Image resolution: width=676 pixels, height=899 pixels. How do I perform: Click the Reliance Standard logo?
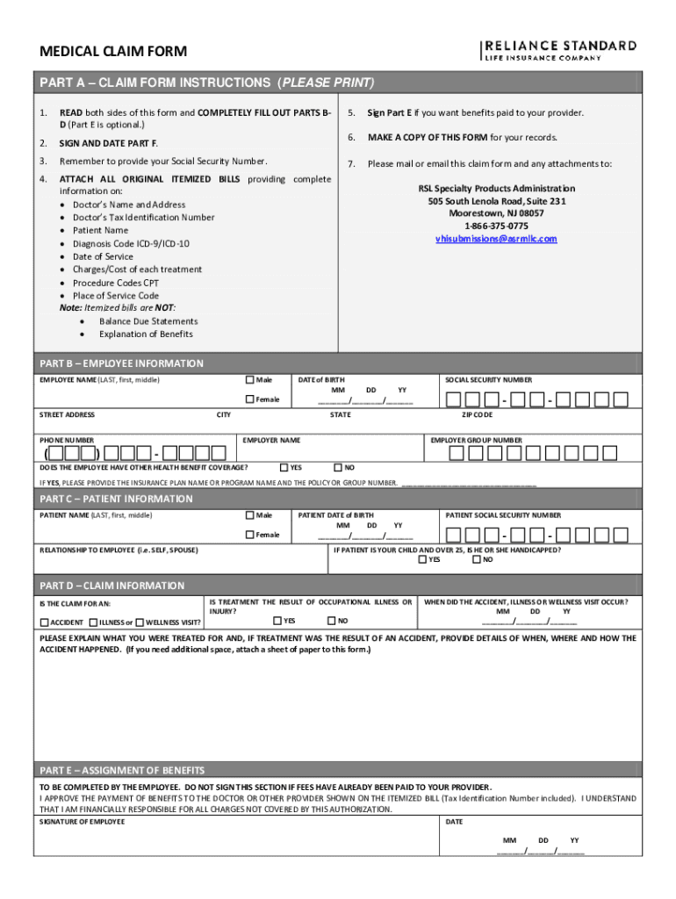coord(558,51)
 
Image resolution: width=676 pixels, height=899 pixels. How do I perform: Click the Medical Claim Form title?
coord(113,53)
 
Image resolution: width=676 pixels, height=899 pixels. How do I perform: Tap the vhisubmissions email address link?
coord(496,239)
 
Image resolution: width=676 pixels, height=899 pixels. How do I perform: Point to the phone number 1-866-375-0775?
coord(496,226)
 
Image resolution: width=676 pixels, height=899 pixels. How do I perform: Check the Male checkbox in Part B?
coord(250,380)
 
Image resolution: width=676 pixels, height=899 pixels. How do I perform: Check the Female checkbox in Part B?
coord(250,399)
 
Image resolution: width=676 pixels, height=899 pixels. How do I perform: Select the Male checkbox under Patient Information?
coord(250,515)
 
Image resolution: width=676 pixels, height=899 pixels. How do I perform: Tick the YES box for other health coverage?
coord(284,468)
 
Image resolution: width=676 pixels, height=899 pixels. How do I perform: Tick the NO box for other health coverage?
coord(339,468)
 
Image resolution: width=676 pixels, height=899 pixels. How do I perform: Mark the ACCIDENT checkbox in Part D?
coord(44,622)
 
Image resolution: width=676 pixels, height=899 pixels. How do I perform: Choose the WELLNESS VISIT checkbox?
coord(139,622)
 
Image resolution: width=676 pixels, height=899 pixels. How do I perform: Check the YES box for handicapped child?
coord(423,559)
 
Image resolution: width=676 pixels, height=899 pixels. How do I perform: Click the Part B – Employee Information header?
coord(121,363)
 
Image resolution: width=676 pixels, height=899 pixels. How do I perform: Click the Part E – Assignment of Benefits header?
coord(122,770)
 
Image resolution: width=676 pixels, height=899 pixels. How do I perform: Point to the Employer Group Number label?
coord(476,440)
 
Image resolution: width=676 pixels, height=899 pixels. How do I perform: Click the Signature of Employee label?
coord(83,822)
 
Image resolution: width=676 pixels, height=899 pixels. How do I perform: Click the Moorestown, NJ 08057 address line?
coord(496,213)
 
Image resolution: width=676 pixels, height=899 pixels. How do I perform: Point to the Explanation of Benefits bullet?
coord(146,334)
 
